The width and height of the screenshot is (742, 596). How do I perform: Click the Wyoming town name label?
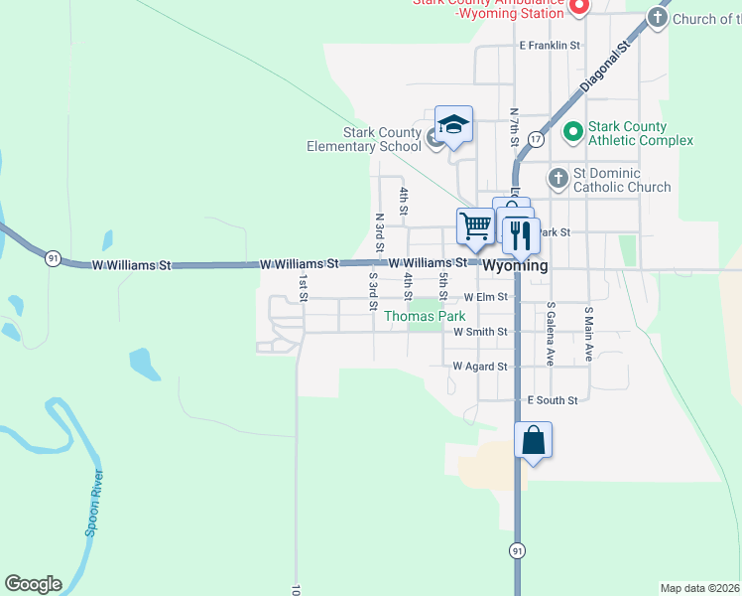click(515, 266)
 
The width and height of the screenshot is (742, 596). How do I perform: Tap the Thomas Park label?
click(425, 316)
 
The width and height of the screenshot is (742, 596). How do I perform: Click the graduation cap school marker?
click(453, 125)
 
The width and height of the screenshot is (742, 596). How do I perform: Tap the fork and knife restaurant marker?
click(520, 235)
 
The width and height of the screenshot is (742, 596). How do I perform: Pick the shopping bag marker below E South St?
click(533, 440)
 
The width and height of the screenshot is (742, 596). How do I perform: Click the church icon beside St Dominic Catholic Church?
click(557, 178)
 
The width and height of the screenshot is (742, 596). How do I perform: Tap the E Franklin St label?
click(549, 46)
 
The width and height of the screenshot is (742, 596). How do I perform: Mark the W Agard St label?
click(480, 367)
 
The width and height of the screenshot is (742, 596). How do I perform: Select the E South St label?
click(553, 399)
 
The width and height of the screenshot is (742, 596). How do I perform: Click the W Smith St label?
click(480, 332)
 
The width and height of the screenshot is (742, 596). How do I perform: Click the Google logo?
click(33, 584)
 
